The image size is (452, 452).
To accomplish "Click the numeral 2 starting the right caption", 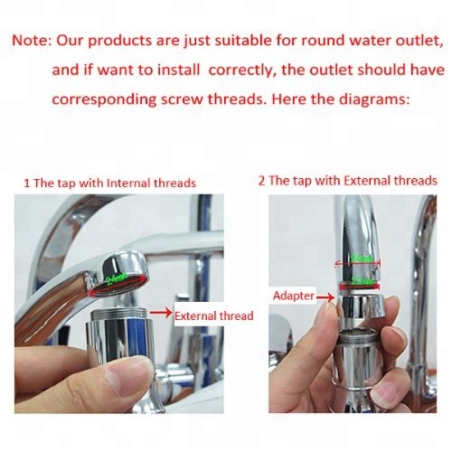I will coord(261,182).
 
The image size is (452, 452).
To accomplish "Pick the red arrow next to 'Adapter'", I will coord(323,296).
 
